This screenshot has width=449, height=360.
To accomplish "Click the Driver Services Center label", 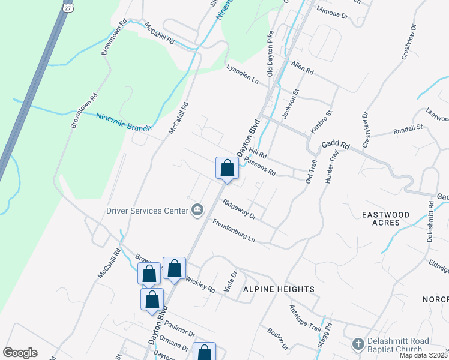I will pos(146,211).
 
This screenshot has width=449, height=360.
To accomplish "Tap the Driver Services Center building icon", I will pos(197,209).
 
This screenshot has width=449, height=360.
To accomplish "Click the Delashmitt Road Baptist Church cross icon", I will pos(358,344).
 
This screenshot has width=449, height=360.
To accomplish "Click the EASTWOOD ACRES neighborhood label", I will pos(385,218).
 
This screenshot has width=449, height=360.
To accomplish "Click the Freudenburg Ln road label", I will pos(234,231).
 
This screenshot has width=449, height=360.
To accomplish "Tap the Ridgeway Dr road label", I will pos(240,209).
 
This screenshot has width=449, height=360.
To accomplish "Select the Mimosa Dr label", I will pos(332,13).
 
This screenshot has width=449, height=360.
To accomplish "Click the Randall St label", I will pos(408,129).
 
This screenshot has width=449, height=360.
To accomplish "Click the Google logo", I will pos(20,353).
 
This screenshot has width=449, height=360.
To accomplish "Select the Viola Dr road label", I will pos(231,279).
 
